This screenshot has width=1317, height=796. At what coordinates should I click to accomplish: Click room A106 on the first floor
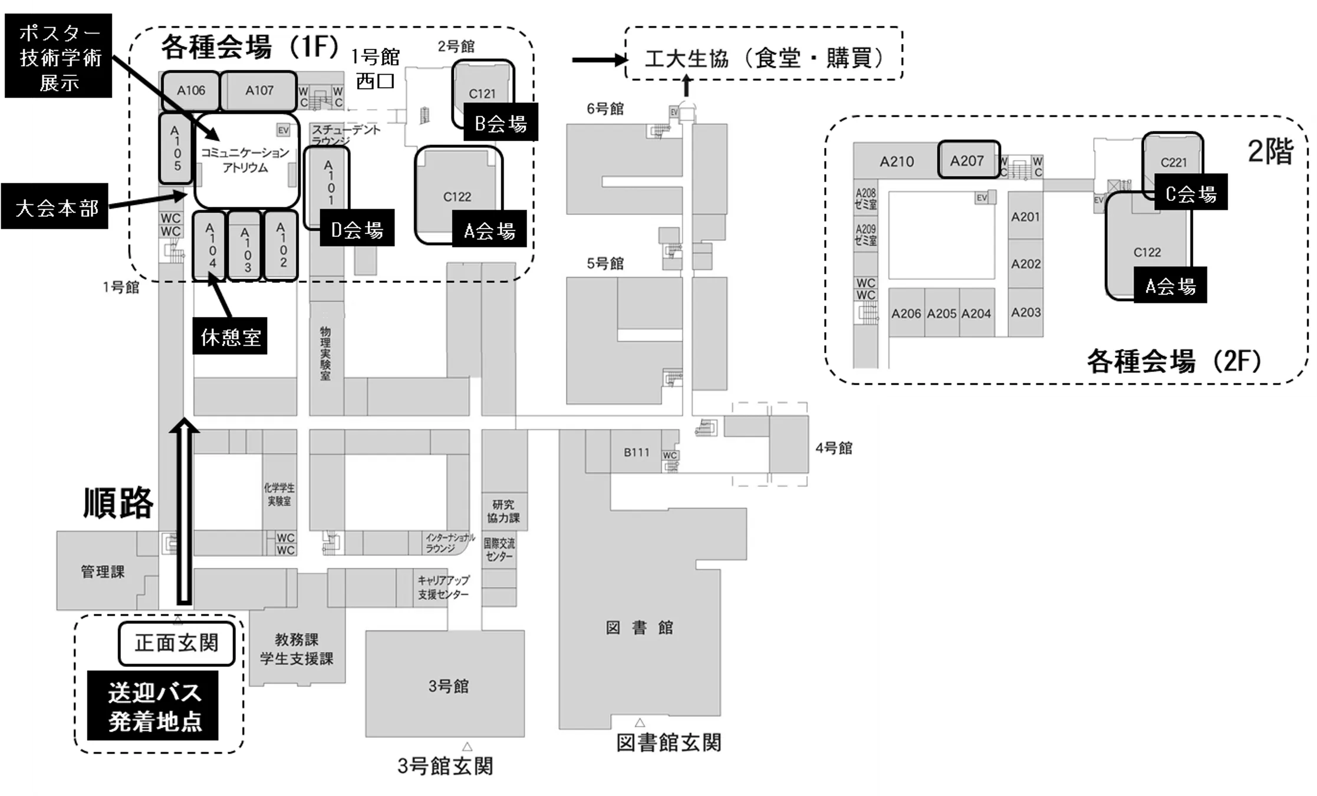coord(190,91)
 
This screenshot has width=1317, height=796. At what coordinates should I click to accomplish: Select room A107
coord(259,91)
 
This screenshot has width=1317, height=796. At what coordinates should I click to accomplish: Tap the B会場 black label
coord(501,123)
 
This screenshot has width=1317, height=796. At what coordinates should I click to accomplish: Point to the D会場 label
coord(357,228)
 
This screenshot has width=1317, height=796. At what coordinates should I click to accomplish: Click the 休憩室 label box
coord(230,336)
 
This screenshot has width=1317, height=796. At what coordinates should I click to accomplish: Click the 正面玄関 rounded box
coord(177,643)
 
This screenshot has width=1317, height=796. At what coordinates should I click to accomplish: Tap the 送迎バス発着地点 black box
coord(153,706)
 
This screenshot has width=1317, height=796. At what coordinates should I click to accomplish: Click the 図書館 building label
coord(640,628)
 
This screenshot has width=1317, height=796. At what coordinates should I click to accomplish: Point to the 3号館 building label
coord(449,686)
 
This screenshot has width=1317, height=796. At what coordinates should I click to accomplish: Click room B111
coord(636,453)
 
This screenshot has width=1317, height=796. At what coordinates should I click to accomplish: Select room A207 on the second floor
coord(969,160)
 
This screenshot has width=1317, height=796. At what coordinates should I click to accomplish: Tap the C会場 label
coord(1190,193)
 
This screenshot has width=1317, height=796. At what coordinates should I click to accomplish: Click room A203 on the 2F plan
coord(1026,313)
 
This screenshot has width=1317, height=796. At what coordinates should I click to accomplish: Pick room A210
coord(897,161)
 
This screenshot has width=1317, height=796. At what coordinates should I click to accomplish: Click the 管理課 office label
coord(103,572)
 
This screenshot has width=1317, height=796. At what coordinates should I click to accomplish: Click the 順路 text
coord(118,503)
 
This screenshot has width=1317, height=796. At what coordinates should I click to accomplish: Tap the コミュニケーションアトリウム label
coord(245,160)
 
